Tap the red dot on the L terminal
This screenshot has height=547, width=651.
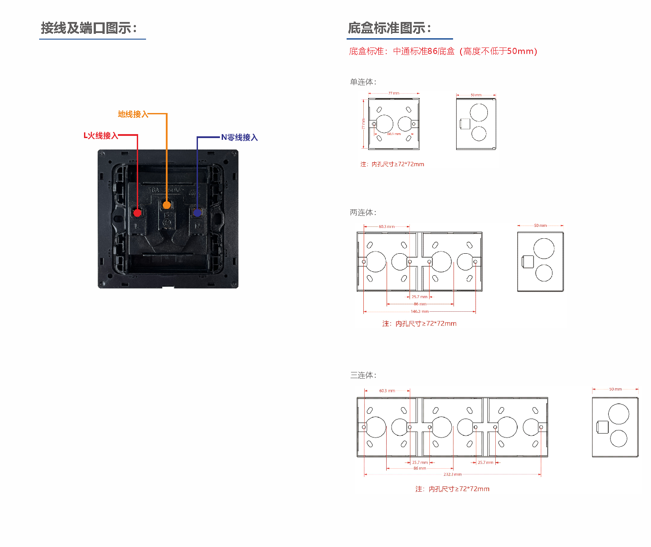137,213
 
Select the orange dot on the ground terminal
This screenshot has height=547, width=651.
167,205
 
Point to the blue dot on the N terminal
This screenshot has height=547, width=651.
197,213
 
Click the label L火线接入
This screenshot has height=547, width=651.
101,135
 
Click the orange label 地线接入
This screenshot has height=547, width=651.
133,114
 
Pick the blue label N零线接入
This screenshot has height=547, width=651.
239,137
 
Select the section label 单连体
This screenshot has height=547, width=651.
363,82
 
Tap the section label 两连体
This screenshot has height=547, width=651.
363,212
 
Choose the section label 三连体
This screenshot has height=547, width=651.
363,375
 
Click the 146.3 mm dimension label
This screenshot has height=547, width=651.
419,311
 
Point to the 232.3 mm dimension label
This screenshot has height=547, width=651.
453,474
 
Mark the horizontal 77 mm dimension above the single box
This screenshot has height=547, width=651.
394,93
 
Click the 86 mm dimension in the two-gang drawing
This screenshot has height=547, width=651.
420,304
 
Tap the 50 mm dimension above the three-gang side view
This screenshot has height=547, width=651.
615,389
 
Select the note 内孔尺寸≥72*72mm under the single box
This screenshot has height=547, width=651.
392,164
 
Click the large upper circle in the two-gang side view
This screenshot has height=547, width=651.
544,248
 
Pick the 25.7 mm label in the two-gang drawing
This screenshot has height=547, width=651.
419,297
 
